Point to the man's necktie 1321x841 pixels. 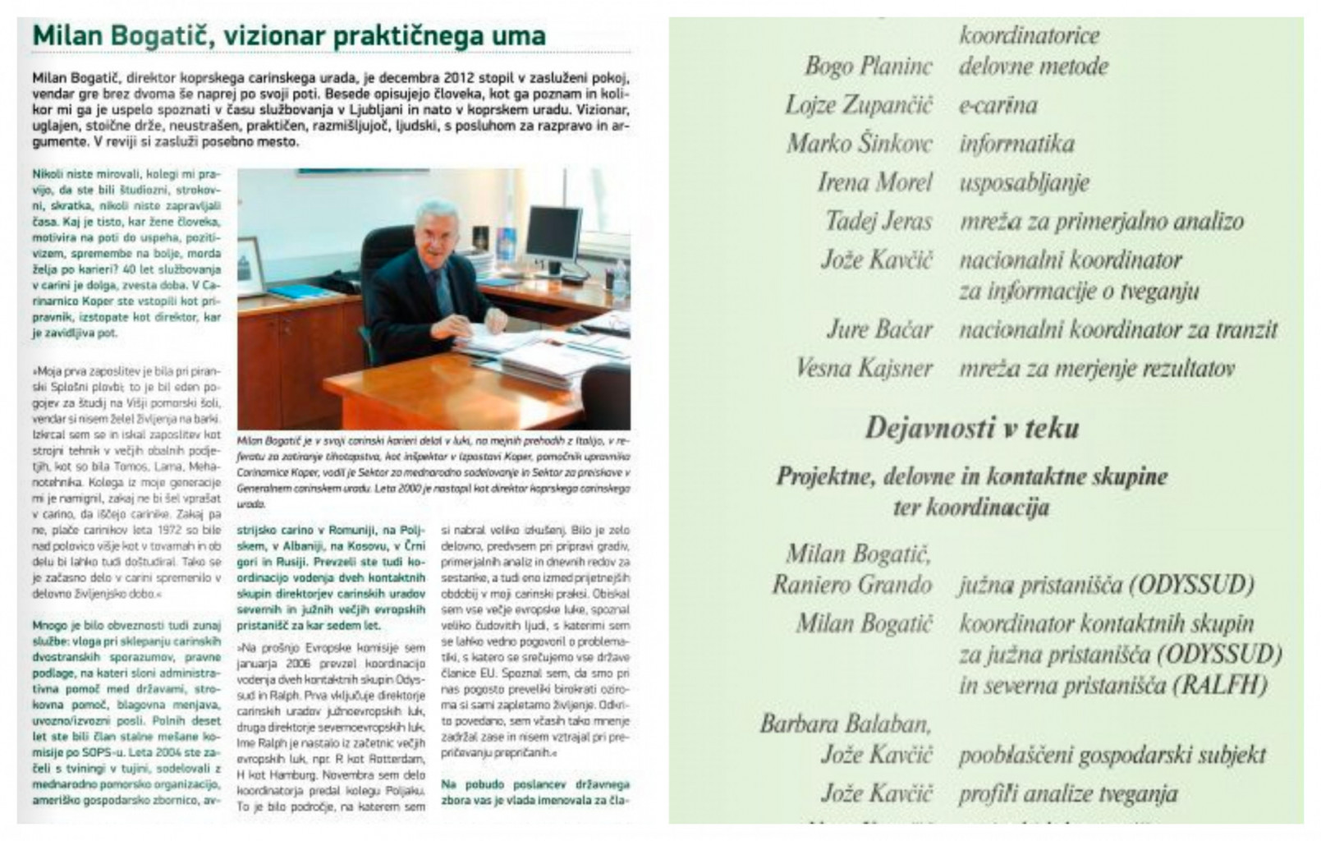(x=441, y=292)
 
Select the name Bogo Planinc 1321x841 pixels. (x=869, y=67)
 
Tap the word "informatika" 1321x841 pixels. (x=1016, y=144)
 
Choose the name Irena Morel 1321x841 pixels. (x=875, y=182)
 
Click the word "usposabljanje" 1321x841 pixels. (x=1024, y=182)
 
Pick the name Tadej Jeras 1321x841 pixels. (x=878, y=221)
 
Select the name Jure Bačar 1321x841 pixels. (x=878, y=329)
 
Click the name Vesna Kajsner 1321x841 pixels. (x=864, y=368)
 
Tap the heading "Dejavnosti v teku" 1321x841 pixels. (x=972, y=428)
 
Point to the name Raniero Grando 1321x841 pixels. (x=851, y=585)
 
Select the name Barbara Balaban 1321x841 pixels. (x=846, y=724)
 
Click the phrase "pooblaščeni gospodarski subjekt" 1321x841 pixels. (x=1112, y=755)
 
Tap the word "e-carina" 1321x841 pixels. (x=998, y=105)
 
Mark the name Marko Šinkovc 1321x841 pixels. (x=860, y=144)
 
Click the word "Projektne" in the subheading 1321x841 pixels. (x=823, y=476)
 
